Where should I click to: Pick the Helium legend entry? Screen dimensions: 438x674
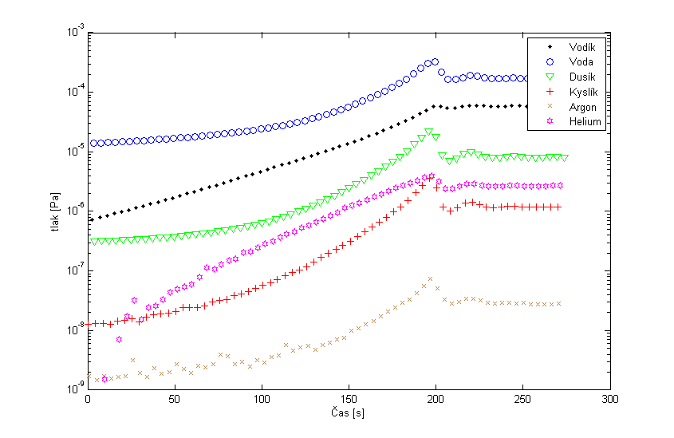click(x=573, y=122)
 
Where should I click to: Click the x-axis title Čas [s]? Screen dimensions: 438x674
click(x=348, y=415)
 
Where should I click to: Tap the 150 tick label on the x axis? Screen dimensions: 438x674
click(x=349, y=401)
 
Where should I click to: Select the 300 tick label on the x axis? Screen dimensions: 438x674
click(x=609, y=401)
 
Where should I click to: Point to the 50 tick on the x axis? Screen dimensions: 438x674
click(x=175, y=401)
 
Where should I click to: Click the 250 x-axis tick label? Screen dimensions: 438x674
click(x=522, y=401)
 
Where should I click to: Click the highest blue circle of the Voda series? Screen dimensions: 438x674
click(x=435, y=61)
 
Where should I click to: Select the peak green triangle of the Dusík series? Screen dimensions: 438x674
click(x=429, y=132)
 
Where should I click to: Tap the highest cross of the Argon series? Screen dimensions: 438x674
click(x=430, y=279)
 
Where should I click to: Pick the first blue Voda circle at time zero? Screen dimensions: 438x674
click(x=94, y=144)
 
